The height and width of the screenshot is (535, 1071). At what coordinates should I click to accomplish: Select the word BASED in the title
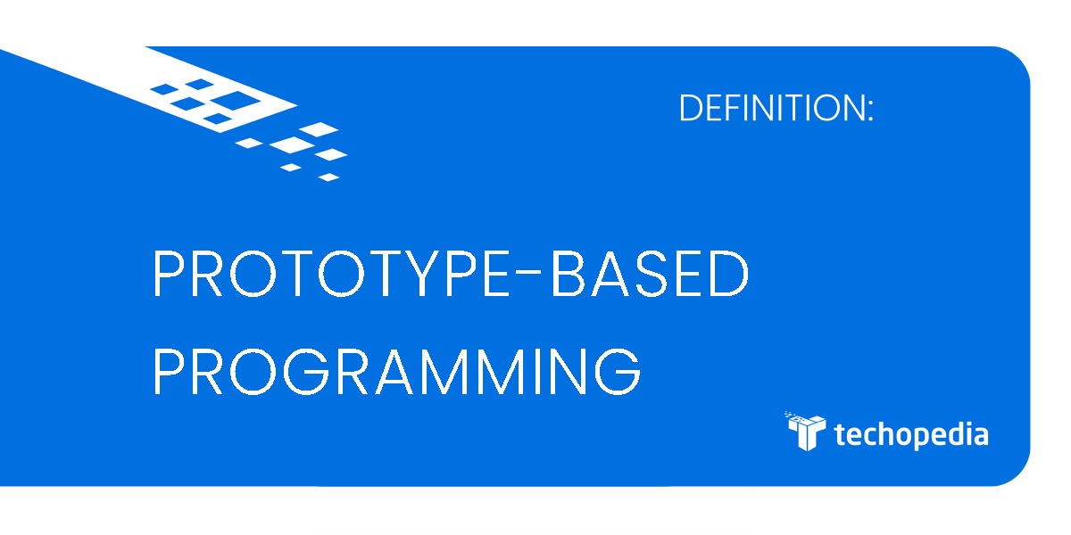tap(650, 276)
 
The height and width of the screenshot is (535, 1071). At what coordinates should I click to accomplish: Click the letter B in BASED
tap(569, 276)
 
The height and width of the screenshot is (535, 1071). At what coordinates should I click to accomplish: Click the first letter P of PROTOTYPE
tap(169, 276)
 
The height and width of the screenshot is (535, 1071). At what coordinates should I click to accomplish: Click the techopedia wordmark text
tap(910, 435)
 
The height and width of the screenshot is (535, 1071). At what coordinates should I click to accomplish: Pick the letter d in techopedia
tap(951, 433)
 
